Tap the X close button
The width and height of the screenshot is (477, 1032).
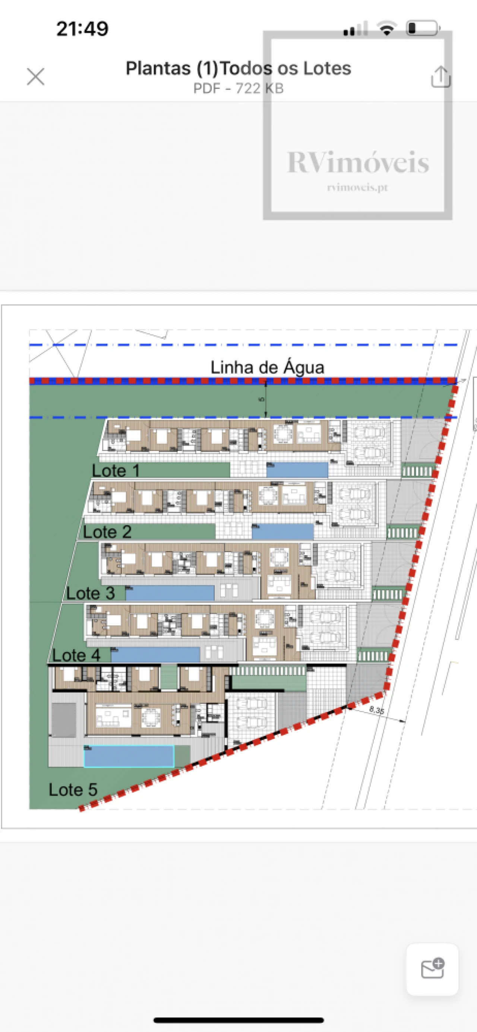(x=36, y=76)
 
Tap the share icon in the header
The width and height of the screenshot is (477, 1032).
(x=440, y=76)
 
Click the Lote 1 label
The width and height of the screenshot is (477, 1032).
(x=116, y=470)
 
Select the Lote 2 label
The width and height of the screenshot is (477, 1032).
(x=107, y=531)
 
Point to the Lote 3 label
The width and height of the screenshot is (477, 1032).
(x=90, y=593)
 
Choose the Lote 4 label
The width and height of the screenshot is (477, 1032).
(x=76, y=655)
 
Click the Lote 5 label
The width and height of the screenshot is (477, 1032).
(x=73, y=789)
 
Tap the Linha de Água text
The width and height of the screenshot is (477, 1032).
(x=267, y=367)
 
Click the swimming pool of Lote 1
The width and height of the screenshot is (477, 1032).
(x=297, y=470)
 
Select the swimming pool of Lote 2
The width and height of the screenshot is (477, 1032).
(x=282, y=531)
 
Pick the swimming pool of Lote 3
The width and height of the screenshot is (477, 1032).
(x=170, y=593)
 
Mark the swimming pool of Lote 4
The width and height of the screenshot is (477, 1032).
(x=155, y=655)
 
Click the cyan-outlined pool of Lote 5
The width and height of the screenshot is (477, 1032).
(x=129, y=756)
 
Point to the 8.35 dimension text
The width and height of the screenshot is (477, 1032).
(x=376, y=710)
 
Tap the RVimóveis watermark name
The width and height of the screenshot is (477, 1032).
(x=357, y=163)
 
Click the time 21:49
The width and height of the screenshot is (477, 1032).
(x=82, y=29)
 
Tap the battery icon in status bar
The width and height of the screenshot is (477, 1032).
(x=423, y=28)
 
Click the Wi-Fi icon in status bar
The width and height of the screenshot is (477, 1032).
(x=387, y=28)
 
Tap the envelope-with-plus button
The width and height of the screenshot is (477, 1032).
(x=433, y=969)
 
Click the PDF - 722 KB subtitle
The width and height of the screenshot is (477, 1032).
(x=238, y=88)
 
